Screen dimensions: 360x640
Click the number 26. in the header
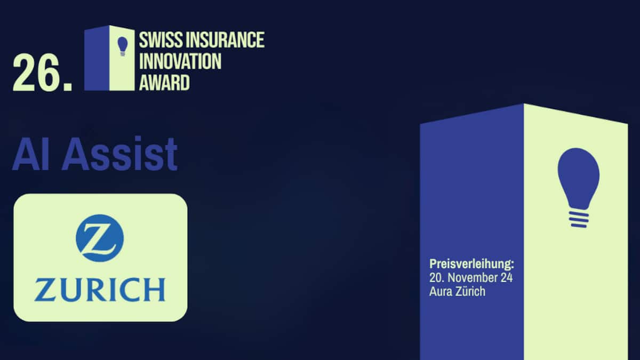click(42, 73)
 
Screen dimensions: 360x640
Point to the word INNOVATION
click(180, 61)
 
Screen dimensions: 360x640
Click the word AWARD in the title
click(164, 83)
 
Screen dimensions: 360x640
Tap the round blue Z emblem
click(100, 238)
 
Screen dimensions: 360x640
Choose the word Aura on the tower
click(441, 292)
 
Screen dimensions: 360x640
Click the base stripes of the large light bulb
click(578, 218)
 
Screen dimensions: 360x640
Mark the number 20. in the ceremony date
click(437, 278)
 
